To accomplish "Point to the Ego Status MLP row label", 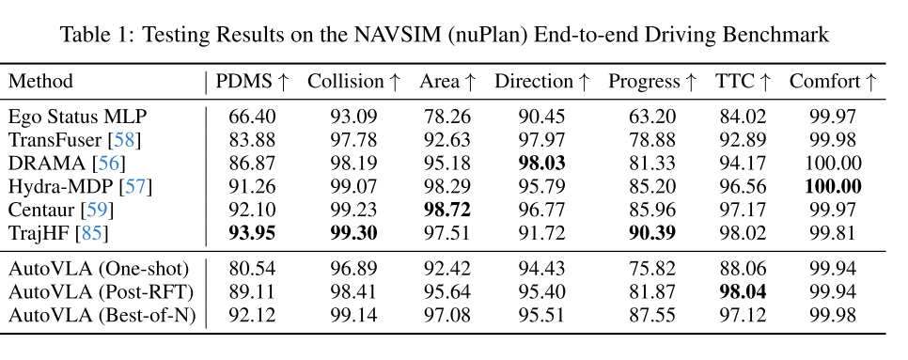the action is pyautogui.click(x=77, y=117).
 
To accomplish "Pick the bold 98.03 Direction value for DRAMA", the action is pyautogui.click(x=541, y=164).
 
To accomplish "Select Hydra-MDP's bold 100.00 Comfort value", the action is pyautogui.click(x=833, y=186).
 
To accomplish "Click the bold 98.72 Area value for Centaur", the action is pyautogui.click(x=445, y=210).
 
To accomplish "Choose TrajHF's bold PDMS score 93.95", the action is pyautogui.click(x=252, y=233).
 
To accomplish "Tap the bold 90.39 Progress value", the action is pyautogui.click(x=652, y=233).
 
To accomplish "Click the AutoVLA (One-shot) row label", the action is pyautogui.click(x=99, y=269).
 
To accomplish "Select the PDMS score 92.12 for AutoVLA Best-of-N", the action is pyautogui.click(x=252, y=316).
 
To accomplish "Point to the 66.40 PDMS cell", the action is pyautogui.click(x=252, y=117).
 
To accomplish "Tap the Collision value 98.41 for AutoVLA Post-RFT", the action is pyautogui.click(x=353, y=291).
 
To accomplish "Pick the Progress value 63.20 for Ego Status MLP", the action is pyautogui.click(x=652, y=117).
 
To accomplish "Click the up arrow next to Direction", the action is pyautogui.click(x=583, y=82).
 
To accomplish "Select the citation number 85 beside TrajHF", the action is pyautogui.click(x=93, y=233).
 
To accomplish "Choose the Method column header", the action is pyautogui.click(x=40, y=82).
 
